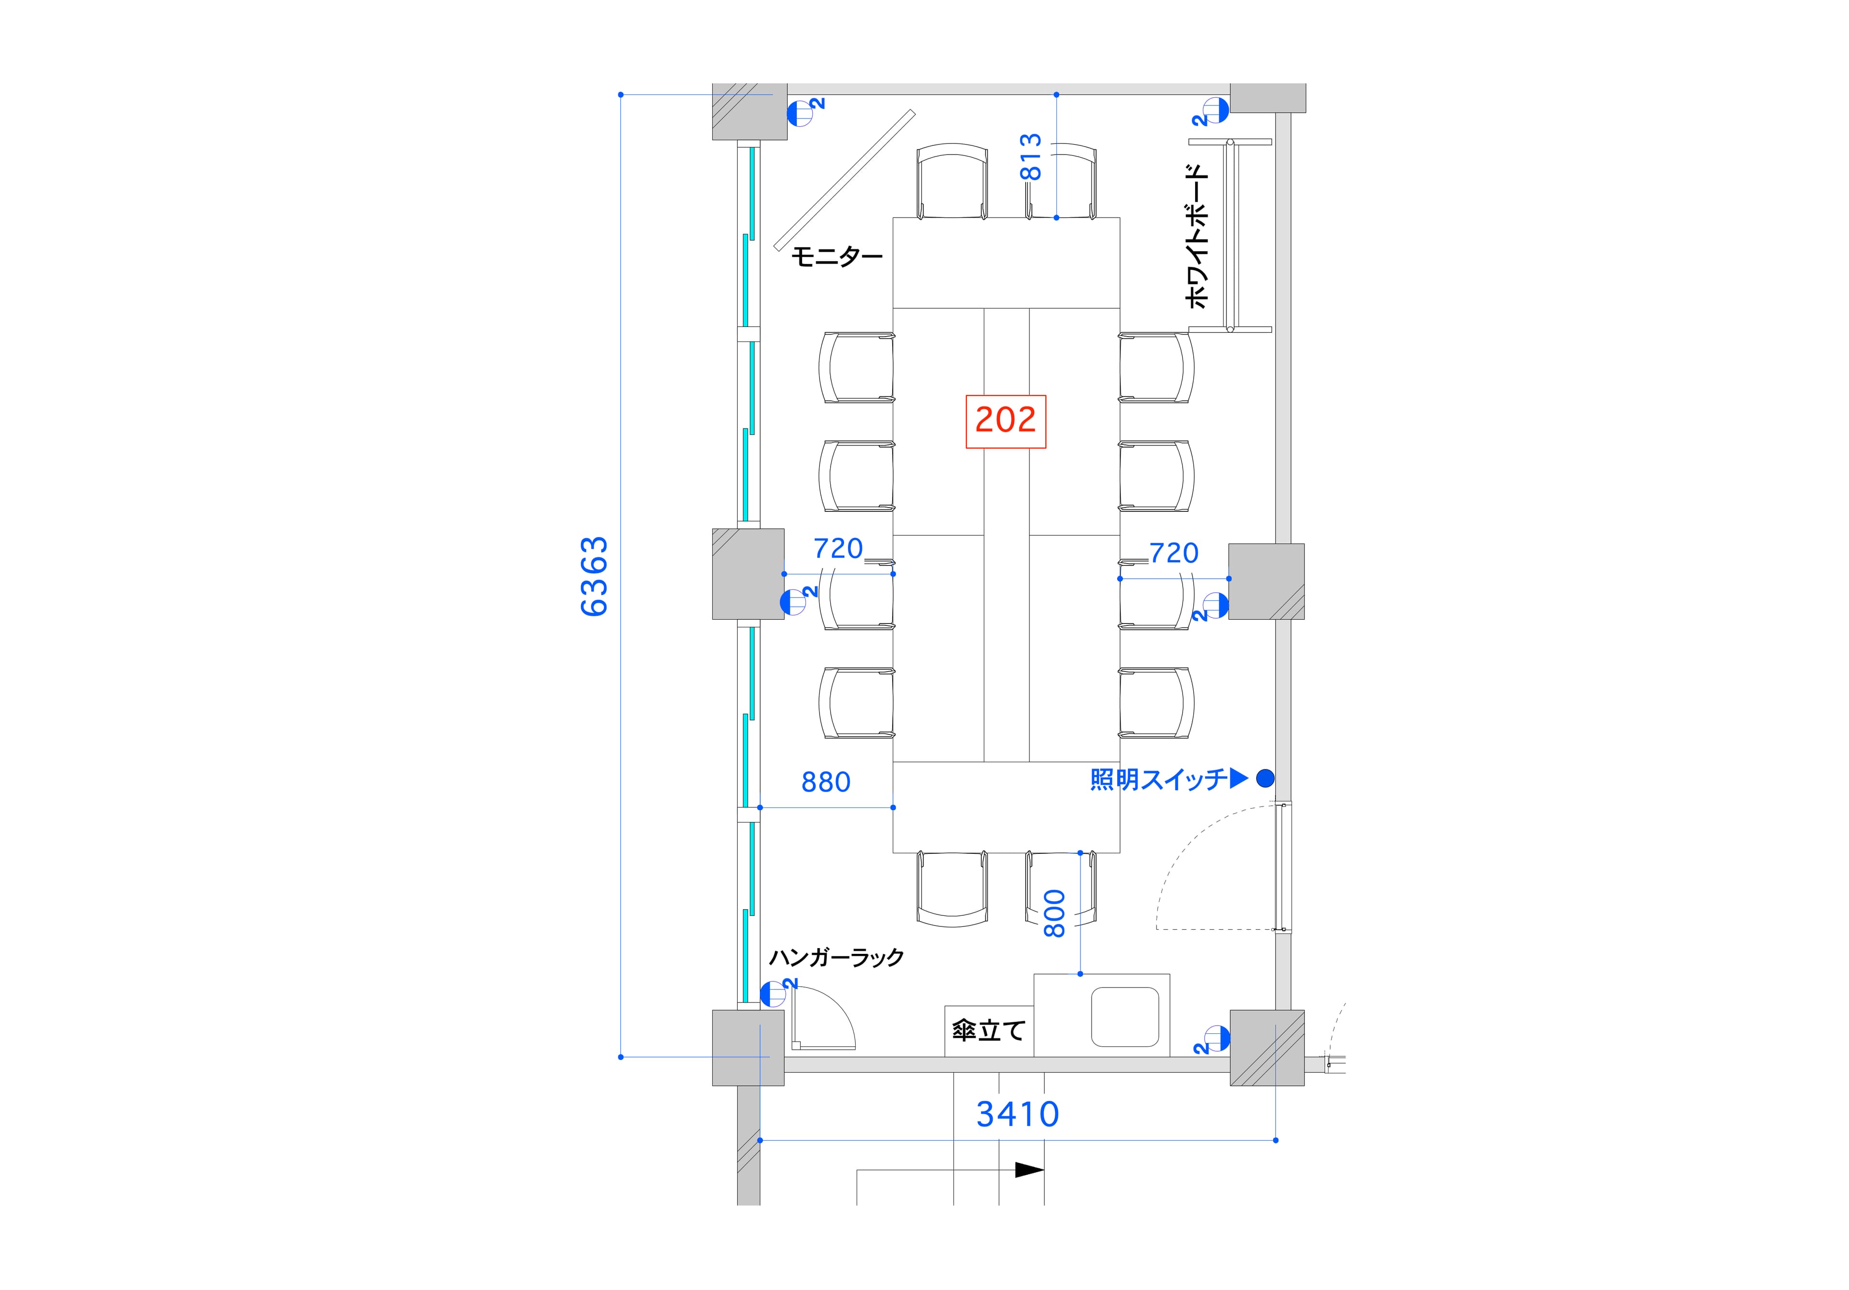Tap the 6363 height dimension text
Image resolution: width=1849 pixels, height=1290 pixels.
coord(594,576)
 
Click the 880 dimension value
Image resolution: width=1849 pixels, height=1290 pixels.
coord(825,782)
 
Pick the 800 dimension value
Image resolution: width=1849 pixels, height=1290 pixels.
coord(1054,913)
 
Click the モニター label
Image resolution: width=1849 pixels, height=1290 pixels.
coord(837,257)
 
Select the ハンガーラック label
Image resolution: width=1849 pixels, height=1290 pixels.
coord(836,957)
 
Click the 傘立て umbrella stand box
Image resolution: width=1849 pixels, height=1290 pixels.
coord(989,1031)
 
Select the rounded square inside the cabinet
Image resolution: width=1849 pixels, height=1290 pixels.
coord(1125,1016)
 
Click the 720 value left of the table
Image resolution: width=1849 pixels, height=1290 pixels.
coord(838,548)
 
